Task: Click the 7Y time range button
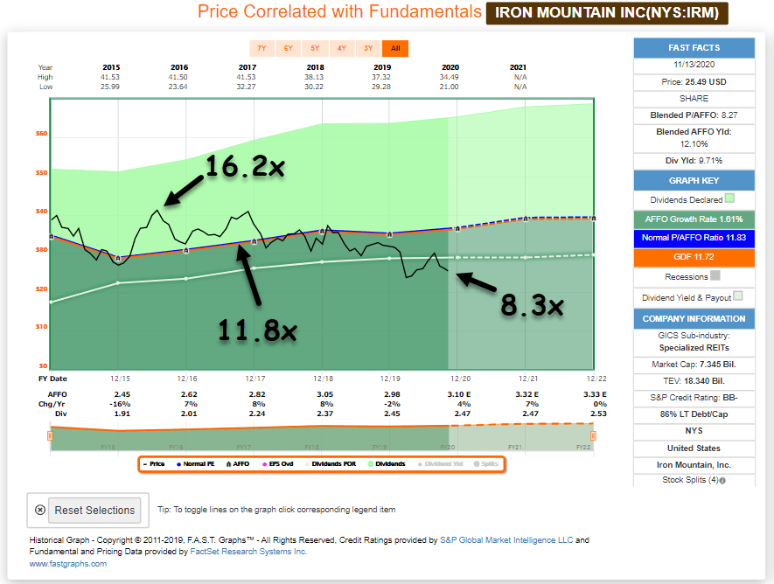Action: tap(261, 48)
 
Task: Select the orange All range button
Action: tap(395, 48)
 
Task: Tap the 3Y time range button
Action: tap(368, 48)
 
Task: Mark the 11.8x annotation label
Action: tap(258, 330)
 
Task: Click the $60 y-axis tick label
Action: tap(42, 134)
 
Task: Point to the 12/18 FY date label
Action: tap(323, 379)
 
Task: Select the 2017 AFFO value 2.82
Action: tap(255, 394)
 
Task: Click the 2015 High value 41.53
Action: tap(111, 77)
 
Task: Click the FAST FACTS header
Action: tap(694, 47)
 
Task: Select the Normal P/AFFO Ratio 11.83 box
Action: tap(694, 237)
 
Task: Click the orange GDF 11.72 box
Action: tap(694, 257)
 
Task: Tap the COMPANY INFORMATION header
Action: tap(694, 318)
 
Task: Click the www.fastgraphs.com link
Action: tap(68, 564)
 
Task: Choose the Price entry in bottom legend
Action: tap(154, 463)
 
